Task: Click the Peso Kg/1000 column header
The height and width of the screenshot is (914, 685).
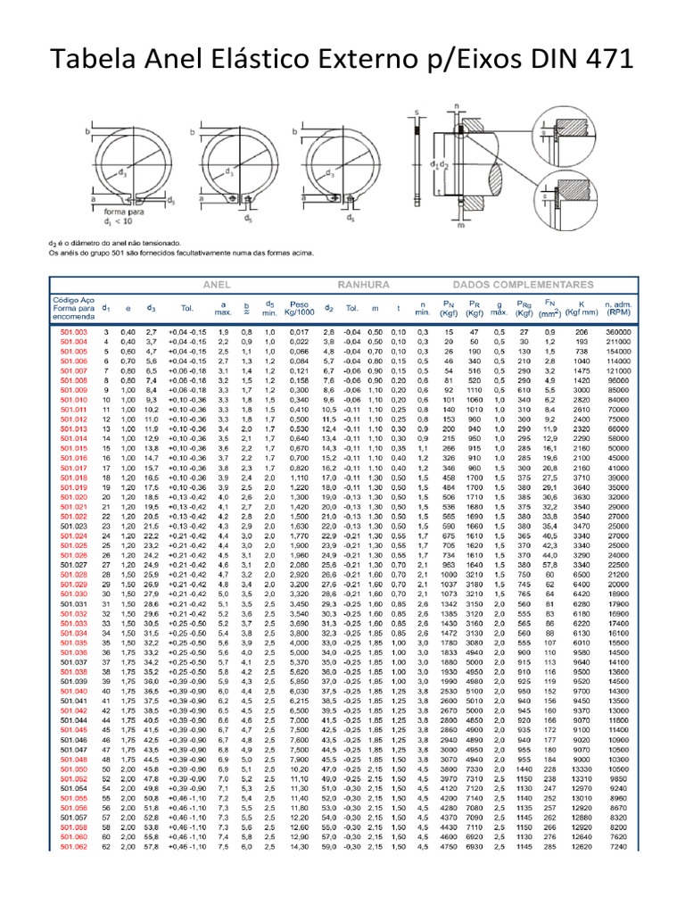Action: tap(294, 308)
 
